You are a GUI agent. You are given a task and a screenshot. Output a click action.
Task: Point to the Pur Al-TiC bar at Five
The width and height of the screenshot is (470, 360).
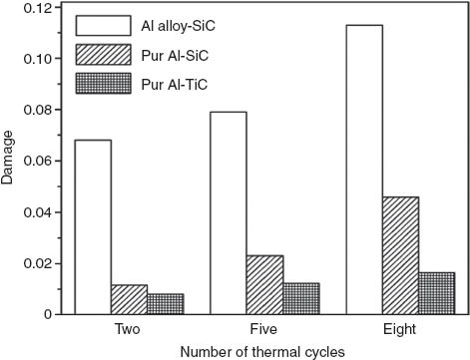click(x=301, y=299)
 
